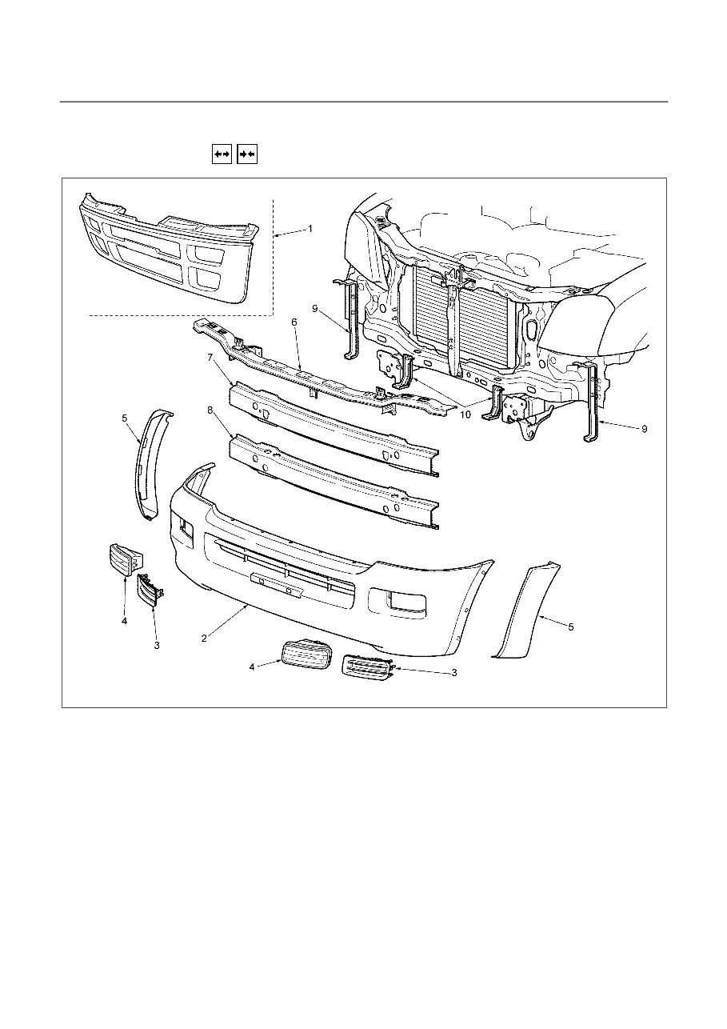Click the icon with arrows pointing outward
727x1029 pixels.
[x=222, y=153]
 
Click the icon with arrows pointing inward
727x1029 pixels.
[x=247, y=153]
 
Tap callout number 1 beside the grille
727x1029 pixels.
[x=310, y=228]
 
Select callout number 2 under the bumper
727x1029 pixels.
[x=205, y=638]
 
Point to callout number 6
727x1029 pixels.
[x=294, y=322]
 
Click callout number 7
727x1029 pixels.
[x=210, y=358]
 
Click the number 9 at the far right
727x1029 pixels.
[x=644, y=429]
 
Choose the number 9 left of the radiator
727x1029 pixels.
[x=315, y=307]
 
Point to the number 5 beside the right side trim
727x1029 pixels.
[x=570, y=627]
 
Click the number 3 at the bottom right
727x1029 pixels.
[x=453, y=673]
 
